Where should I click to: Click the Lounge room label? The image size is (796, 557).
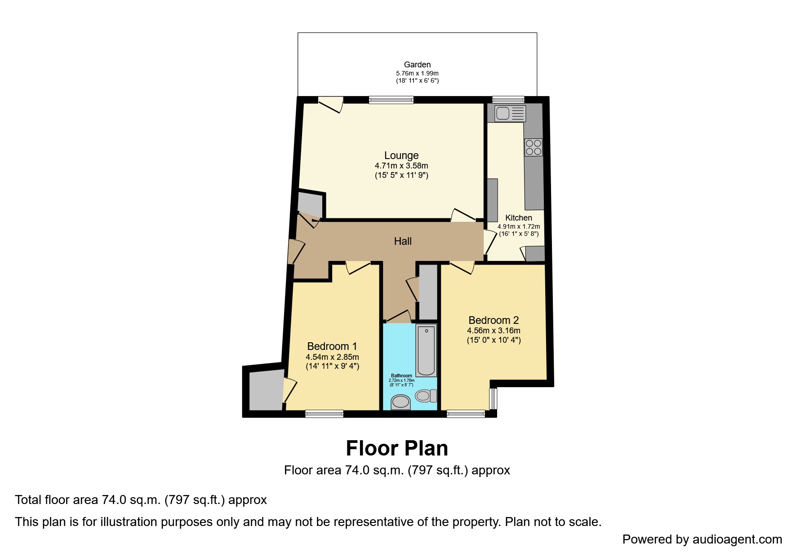(401, 155)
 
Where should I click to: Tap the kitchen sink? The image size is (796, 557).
(510, 114)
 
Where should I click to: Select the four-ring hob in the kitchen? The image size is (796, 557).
(534, 147)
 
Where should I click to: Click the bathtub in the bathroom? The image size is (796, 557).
(426, 350)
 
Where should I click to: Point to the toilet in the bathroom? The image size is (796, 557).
(426, 396)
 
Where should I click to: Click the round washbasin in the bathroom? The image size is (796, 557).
(400, 402)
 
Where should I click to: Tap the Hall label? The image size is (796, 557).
(403, 241)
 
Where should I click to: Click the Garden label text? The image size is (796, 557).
(417, 65)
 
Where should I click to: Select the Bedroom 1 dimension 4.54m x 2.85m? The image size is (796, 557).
(333, 357)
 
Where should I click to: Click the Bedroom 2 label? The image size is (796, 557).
(494, 320)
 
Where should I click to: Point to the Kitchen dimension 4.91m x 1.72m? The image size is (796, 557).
(519, 226)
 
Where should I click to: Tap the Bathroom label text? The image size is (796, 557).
(401, 376)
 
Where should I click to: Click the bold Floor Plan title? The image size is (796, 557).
(397, 448)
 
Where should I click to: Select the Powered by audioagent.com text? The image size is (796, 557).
(702, 539)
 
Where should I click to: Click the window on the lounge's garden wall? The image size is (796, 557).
(391, 100)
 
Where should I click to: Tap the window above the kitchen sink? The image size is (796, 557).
(508, 100)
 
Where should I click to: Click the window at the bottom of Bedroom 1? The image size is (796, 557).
(325, 414)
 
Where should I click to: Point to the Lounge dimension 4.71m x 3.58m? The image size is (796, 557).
(401, 166)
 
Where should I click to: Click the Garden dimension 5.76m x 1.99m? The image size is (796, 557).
(417, 73)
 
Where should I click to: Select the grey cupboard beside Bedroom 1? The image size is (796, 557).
(266, 390)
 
